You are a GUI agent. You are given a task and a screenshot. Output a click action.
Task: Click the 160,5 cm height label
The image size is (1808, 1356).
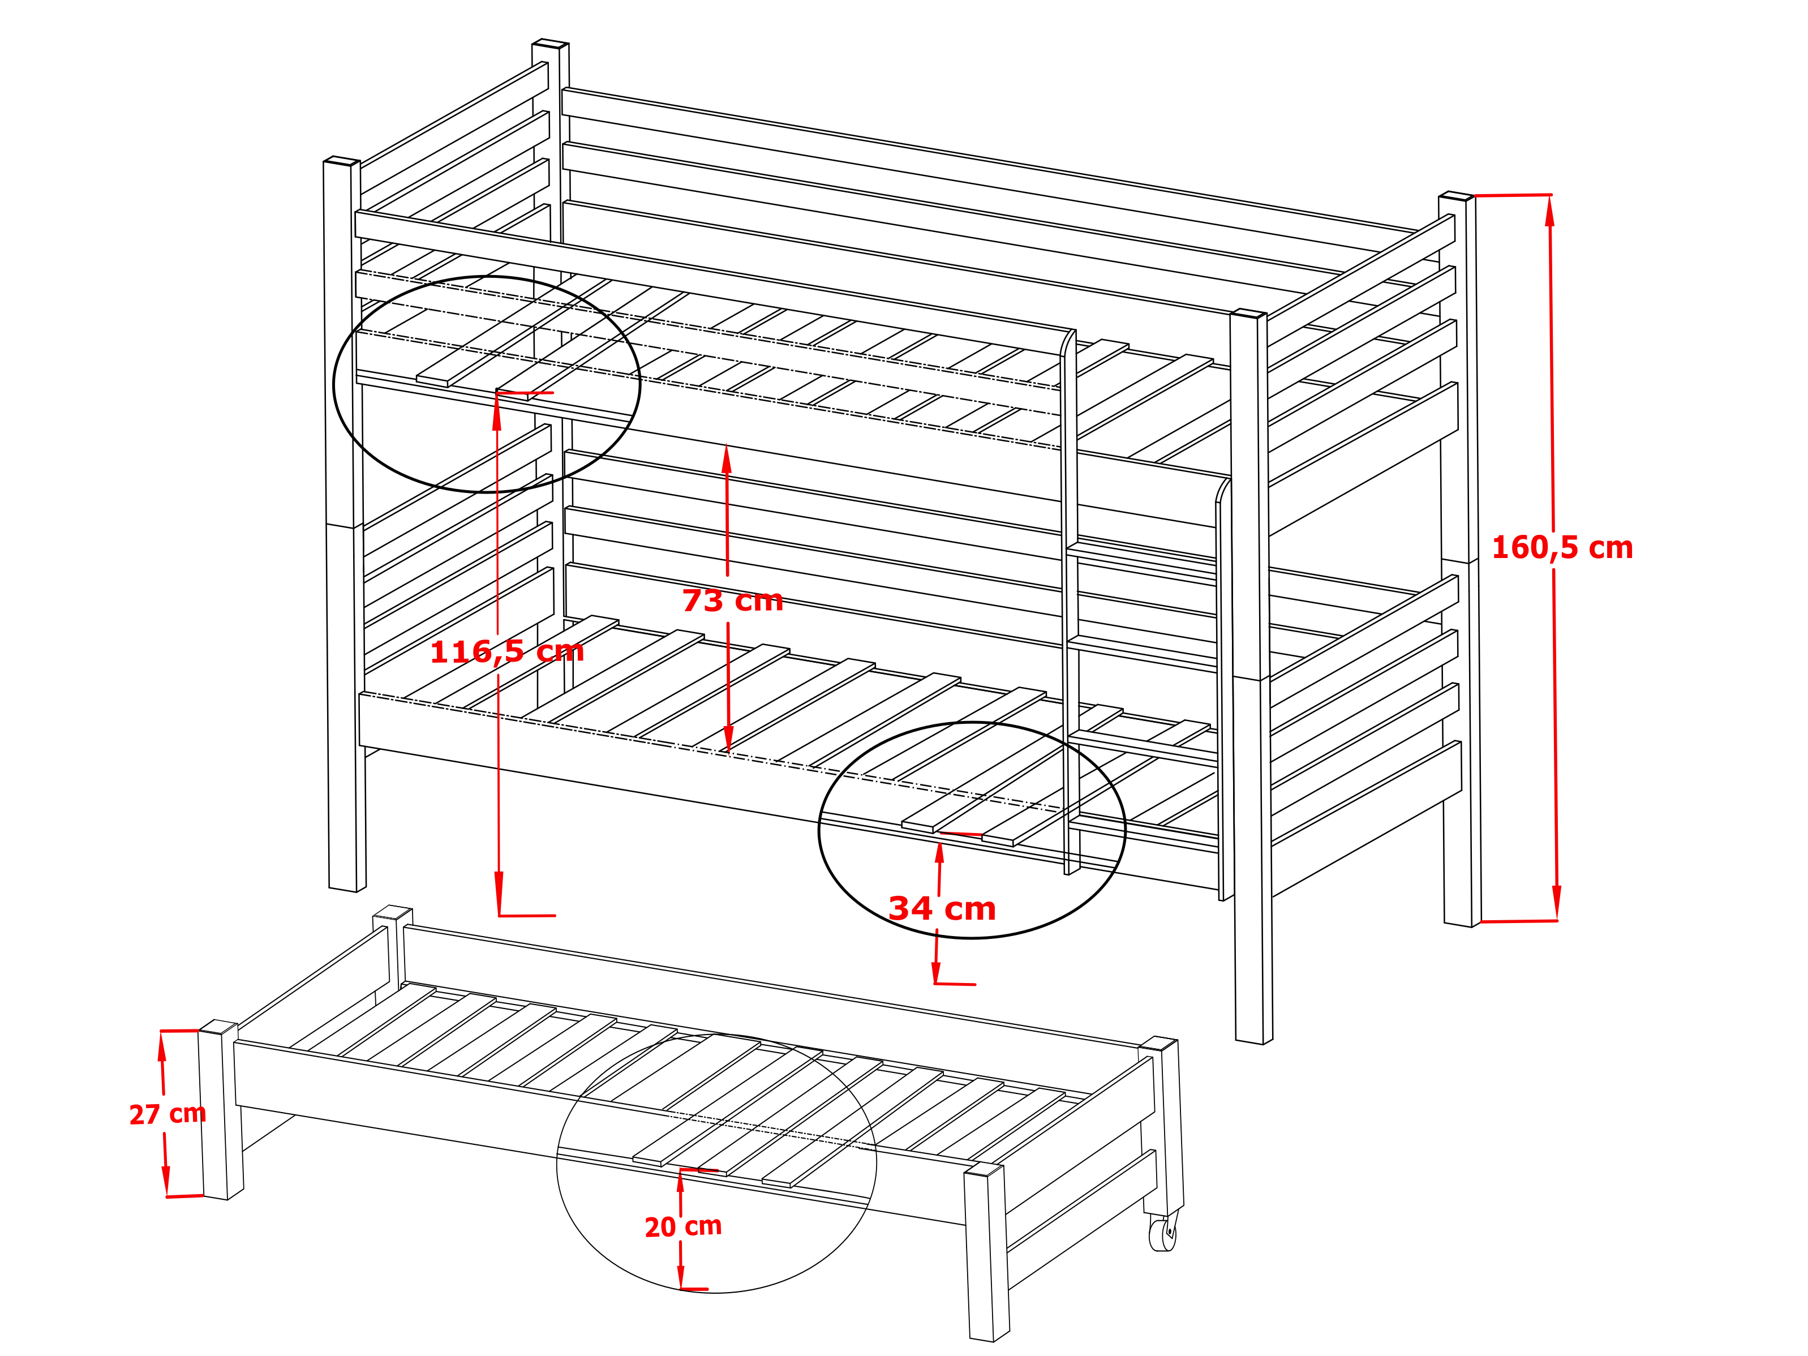1562,548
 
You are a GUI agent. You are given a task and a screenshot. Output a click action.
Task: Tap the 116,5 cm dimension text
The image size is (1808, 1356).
507,651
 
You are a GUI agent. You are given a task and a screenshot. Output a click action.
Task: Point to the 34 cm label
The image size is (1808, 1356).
942,909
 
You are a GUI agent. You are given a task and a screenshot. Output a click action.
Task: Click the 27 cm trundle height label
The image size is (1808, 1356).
168,1114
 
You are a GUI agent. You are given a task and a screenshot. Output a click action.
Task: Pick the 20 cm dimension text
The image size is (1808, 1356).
684,1227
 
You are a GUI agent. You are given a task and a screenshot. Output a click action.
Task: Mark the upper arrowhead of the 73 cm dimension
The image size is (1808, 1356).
726,458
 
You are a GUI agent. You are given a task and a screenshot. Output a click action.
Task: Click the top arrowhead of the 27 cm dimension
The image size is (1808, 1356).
162,1046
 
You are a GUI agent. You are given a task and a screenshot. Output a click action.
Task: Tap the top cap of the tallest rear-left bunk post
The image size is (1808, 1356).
550,42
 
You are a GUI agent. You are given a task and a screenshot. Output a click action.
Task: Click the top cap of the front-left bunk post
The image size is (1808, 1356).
342,160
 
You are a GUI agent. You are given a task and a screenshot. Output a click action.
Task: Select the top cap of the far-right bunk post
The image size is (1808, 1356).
1457,195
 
